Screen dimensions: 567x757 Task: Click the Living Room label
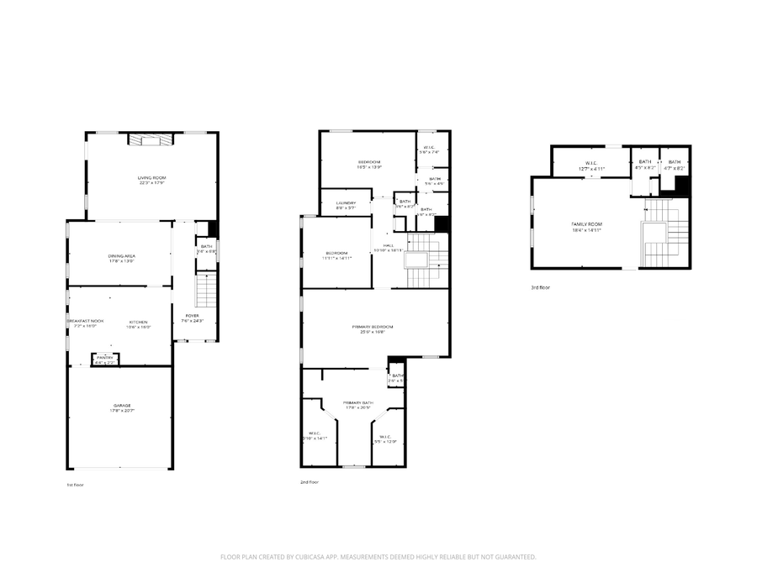pyautogui.click(x=152, y=177)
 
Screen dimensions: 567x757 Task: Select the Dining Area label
pyautogui.click(x=121, y=255)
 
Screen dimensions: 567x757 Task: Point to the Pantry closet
pyautogui.click(x=105, y=360)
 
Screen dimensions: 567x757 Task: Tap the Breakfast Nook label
pyautogui.click(x=86, y=321)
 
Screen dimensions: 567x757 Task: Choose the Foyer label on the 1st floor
pyautogui.click(x=192, y=316)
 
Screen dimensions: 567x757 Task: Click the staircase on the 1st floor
pyautogui.click(x=206, y=291)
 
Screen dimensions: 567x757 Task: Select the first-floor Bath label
pyautogui.click(x=206, y=246)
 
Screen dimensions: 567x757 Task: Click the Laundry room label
pyautogui.click(x=346, y=202)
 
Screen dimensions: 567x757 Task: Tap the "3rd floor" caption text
pyautogui.click(x=540, y=287)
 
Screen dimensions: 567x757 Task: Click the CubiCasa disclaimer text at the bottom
pyautogui.click(x=378, y=556)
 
